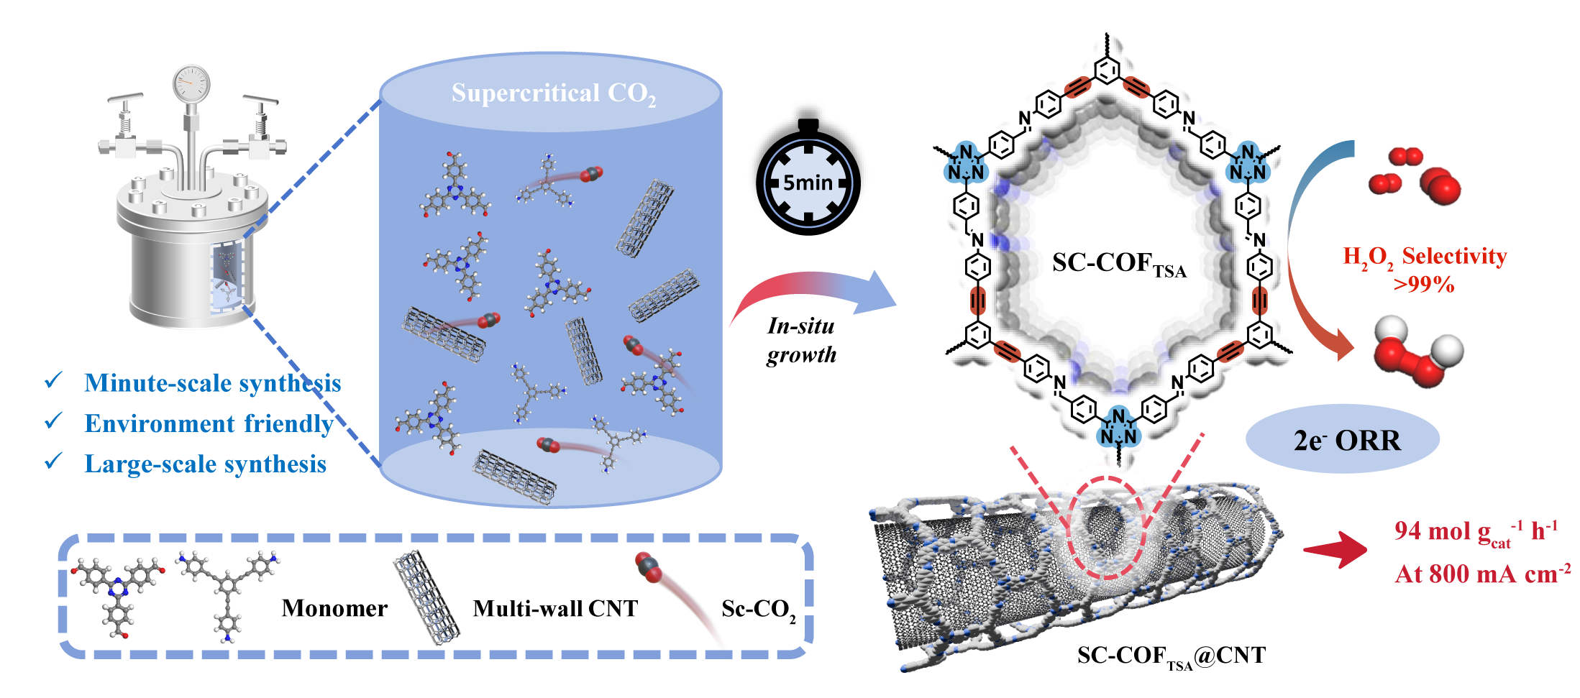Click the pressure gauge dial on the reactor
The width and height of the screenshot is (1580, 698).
point(191,84)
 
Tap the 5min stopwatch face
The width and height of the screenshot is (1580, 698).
point(808,183)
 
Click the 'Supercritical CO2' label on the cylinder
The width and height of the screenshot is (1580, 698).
point(553,93)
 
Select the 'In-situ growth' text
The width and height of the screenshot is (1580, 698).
point(801,340)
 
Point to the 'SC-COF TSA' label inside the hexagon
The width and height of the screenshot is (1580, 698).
point(1119,264)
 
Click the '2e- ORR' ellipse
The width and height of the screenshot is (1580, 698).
point(1343,440)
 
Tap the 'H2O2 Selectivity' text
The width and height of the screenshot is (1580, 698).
point(1425,257)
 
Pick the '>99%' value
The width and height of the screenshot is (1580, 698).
point(1424,285)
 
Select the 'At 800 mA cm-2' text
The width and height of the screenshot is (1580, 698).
point(1481,574)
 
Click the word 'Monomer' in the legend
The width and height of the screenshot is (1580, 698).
point(334,609)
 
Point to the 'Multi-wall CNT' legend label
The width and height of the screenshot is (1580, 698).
point(555,609)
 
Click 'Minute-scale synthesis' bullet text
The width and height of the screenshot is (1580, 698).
point(212,383)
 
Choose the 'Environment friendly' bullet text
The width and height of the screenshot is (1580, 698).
point(209,423)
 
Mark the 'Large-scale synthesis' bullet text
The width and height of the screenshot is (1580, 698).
point(205,464)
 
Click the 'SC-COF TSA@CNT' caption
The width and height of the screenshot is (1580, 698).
point(1171,656)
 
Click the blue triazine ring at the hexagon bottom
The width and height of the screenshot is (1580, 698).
point(1118,427)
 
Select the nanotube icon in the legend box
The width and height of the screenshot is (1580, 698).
point(426,596)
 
